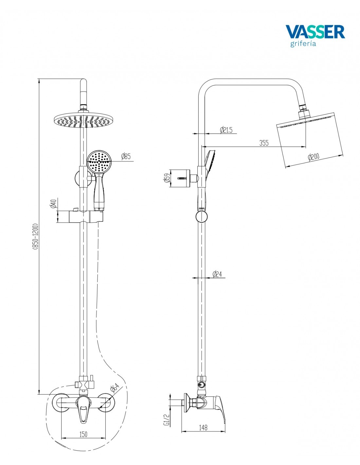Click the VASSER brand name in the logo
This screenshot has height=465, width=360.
click(x=315, y=32)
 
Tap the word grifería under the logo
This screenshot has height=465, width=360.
click(x=303, y=43)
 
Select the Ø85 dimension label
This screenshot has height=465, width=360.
click(x=126, y=156)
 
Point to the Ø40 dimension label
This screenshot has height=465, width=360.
click(x=53, y=203)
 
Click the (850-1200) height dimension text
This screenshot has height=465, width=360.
click(x=35, y=236)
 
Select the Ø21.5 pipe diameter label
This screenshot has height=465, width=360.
click(x=226, y=130)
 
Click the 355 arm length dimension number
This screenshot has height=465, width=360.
click(x=264, y=143)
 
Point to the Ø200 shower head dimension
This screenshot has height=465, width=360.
click(x=314, y=157)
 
